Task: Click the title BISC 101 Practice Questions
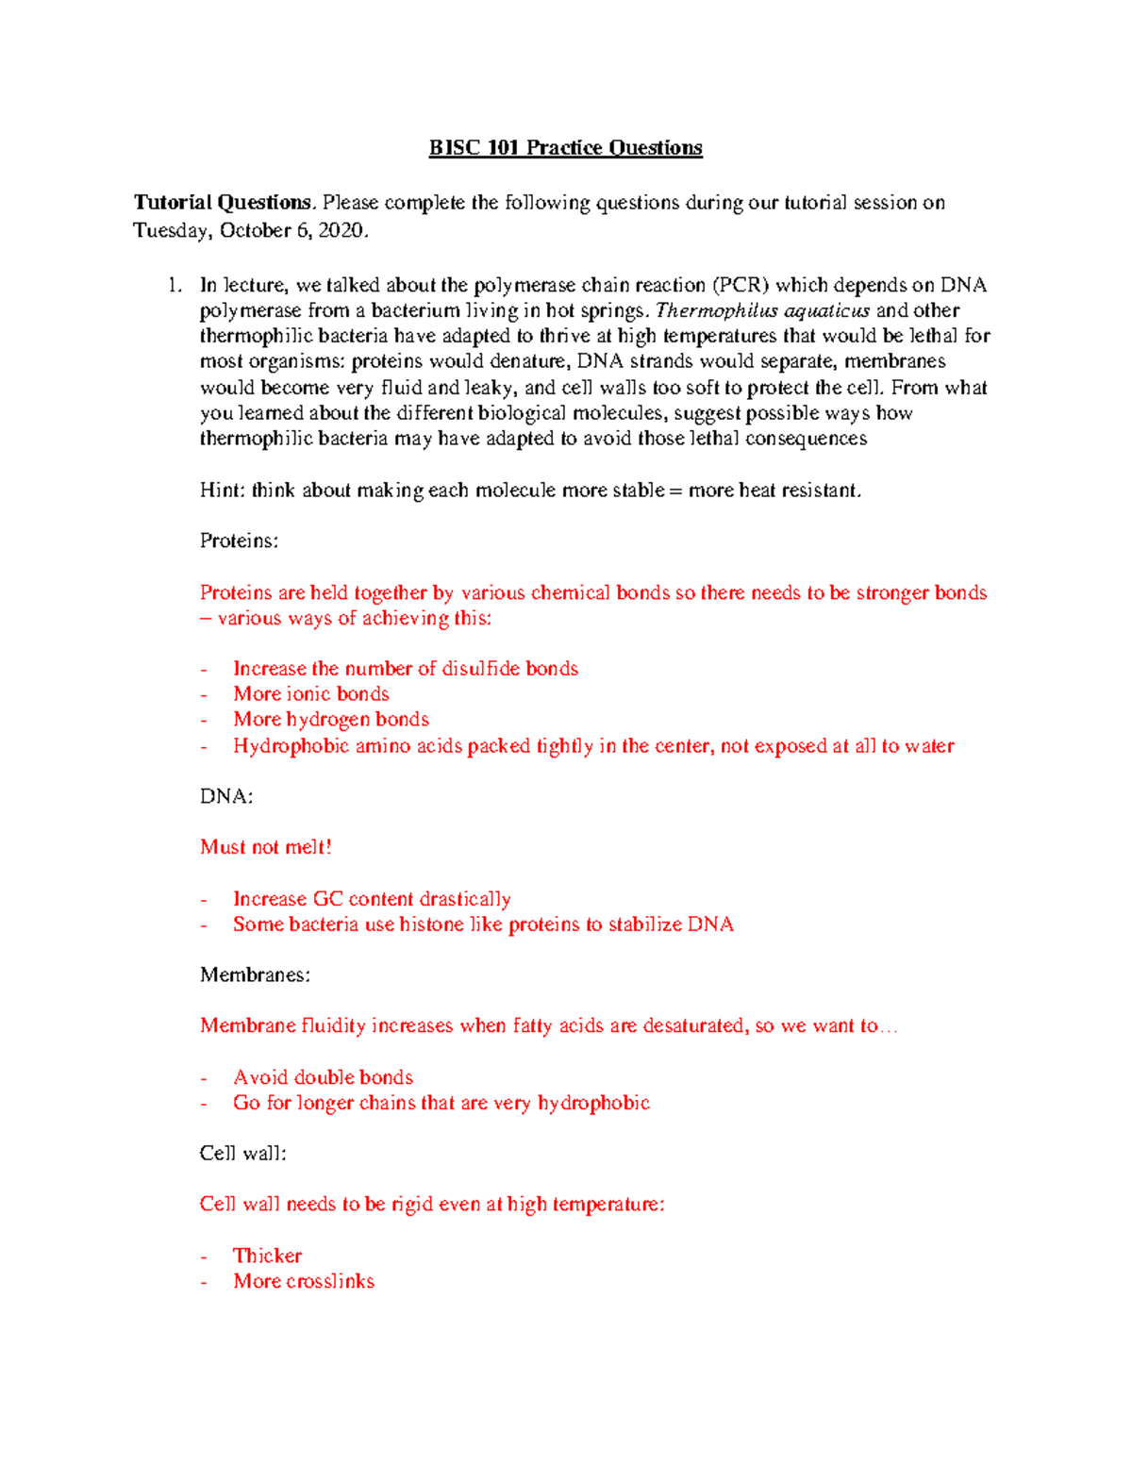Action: (x=565, y=148)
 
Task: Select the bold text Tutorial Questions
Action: (x=222, y=203)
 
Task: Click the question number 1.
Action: (x=174, y=286)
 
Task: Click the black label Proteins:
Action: (x=239, y=541)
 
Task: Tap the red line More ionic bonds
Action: (x=311, y=694)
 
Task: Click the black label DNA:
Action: (x=226, y=797)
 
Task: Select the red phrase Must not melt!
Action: (x=265, y=847)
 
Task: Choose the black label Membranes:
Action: (x=255, y=975)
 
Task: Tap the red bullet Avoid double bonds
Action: (x=323, y=1077)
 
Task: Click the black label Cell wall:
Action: (x=242, y=1154)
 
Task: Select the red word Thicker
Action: (x=267, y=1256)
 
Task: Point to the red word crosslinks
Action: (x=329, y=1281)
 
